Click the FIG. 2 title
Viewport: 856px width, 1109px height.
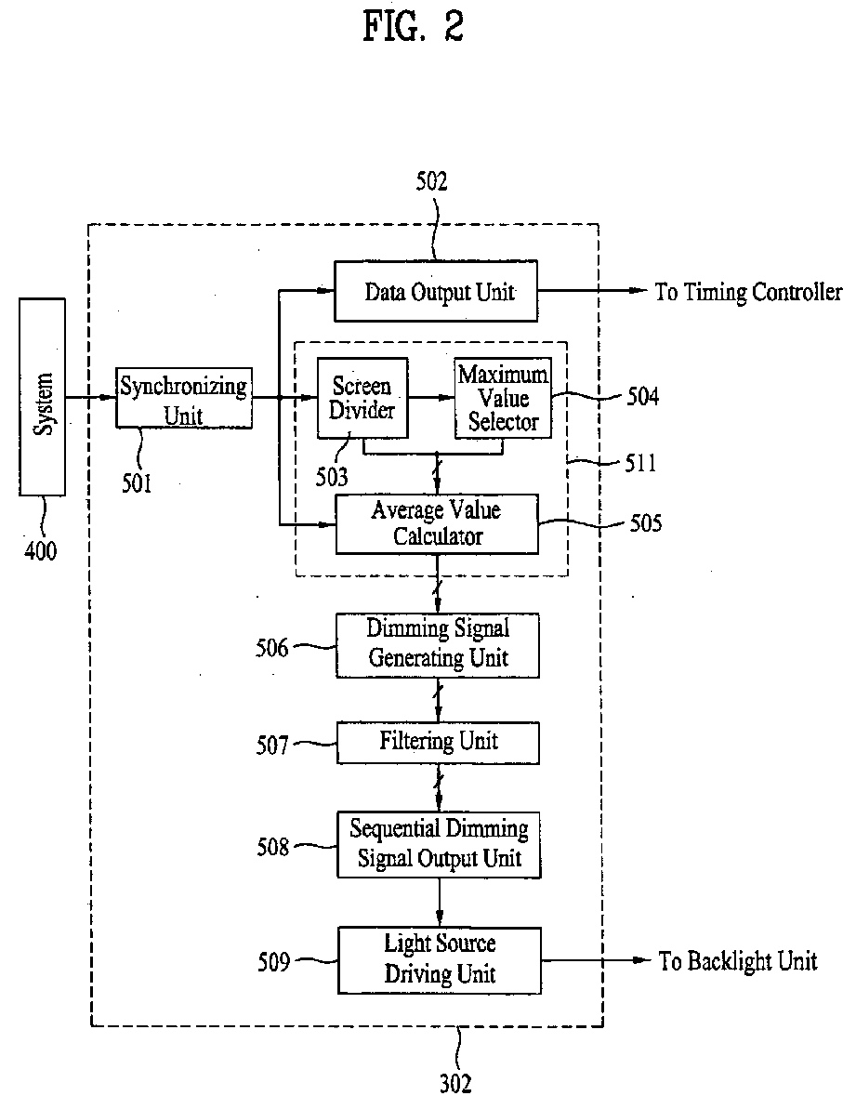[413, 27]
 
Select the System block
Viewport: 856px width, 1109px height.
[43, 397]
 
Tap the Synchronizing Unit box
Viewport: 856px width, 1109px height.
[184, 398]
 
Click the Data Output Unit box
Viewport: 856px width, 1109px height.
[435, 291]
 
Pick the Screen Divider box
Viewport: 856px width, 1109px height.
[362, 398]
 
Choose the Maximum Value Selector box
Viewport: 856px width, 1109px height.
[503, 398]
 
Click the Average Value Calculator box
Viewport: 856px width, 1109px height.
[437, 524]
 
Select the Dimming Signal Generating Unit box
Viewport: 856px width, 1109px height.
[438, 646]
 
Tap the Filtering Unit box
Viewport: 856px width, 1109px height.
[439, 743]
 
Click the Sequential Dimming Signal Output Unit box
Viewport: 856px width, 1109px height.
[439, 844]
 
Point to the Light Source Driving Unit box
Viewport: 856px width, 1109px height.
[440, 960]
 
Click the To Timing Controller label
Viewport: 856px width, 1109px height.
[748, 292]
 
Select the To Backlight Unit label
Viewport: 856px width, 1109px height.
[738, 961]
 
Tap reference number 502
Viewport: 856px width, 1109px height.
[431, 181]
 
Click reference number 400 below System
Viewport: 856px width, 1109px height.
[40, 550]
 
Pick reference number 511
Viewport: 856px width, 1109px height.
[640, 463]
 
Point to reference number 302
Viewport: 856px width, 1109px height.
[455, 1083]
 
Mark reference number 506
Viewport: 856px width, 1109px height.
[272, 647]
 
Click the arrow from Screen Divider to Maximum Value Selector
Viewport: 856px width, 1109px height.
[431, 398]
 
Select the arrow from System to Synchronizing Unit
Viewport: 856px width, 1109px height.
[90, 398]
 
